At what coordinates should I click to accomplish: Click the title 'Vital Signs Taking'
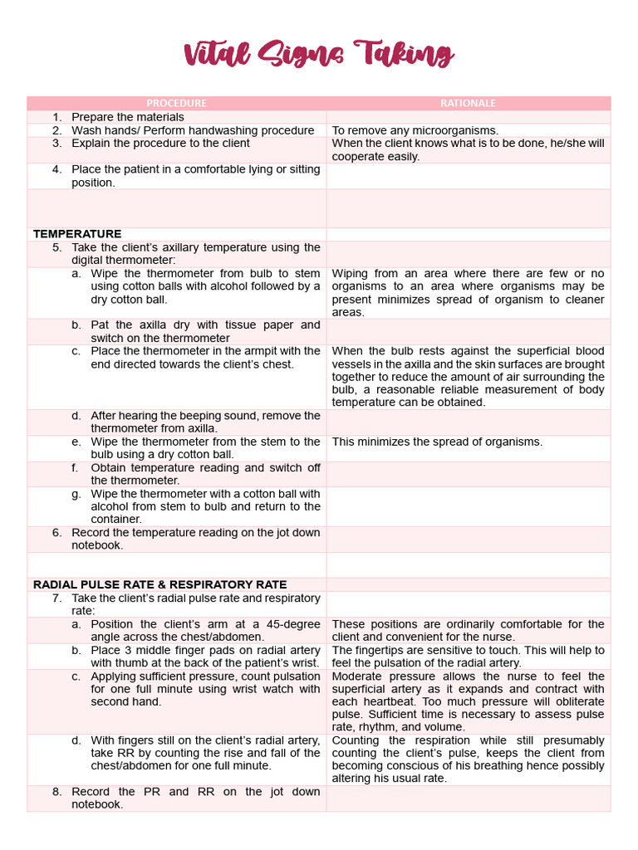(318, 56)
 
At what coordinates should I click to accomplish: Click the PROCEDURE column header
(176, 103)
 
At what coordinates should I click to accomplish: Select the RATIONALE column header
(468, 103)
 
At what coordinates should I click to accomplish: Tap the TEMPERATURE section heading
(77, 234)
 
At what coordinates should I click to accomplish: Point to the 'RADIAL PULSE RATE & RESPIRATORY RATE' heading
(159, 584)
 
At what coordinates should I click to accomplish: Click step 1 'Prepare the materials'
(128, 117)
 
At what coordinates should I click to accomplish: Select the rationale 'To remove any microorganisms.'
(415, 130)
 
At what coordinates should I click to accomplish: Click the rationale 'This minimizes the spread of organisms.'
(437, 442)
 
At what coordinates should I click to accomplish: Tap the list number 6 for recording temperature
(56, 533)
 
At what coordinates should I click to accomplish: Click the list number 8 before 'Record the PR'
(56, 792)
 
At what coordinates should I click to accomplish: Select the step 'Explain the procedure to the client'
(160, 144)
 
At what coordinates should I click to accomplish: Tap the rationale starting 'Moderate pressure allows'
(468, 701)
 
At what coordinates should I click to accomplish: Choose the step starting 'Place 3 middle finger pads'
(204, 657)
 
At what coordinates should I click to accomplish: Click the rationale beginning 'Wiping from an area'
(468, 292)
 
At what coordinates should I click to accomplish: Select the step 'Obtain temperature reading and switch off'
(204, 474)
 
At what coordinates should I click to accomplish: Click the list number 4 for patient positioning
(56, 169)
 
